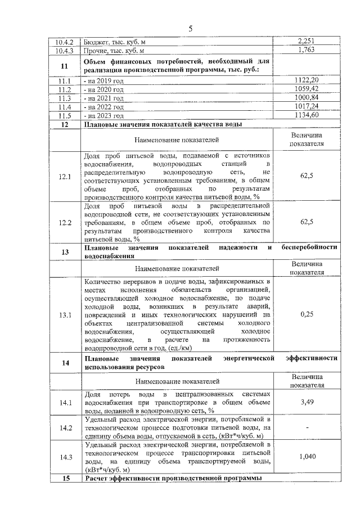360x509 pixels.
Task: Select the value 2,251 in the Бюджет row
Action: (x=307, y=41)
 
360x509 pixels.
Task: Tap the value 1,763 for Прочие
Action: (x=307, y=50)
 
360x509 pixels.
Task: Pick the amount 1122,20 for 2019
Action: (x=307, y=80)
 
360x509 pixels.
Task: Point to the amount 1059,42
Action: (x=307, y=89)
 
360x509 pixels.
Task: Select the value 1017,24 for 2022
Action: (x=307, y=106)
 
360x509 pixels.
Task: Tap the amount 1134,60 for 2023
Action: (x=307, y=115)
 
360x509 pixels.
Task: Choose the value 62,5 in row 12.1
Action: (x=307, y=176)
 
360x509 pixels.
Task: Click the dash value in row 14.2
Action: (x=307, y=429)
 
